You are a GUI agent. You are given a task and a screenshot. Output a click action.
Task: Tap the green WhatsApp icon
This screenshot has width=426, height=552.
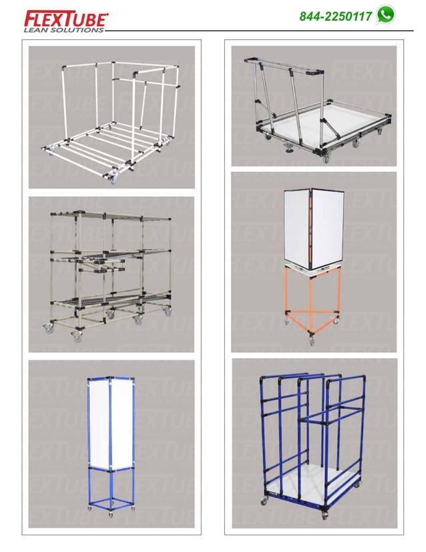pyautogui.click(x=385, y=15)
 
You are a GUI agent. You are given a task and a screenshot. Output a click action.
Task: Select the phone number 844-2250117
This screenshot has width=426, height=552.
pyautogui.click(x=336, y=16)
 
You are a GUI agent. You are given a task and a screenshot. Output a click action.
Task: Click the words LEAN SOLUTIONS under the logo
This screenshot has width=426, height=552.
pyautogui.click(x=63, y=30)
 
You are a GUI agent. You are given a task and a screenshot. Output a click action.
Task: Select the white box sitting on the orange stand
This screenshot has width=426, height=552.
pyautogui.click(x=312, y=227)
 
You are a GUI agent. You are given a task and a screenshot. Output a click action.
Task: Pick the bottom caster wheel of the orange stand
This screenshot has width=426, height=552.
pyautogui.click(x=312, y=342)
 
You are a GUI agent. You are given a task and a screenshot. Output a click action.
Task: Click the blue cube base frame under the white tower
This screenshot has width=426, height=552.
pyautogui.click(x=111, y=488)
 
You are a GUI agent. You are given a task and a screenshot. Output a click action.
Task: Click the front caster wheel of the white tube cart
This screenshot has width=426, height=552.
pyautogui.click(x=112, y=178)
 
